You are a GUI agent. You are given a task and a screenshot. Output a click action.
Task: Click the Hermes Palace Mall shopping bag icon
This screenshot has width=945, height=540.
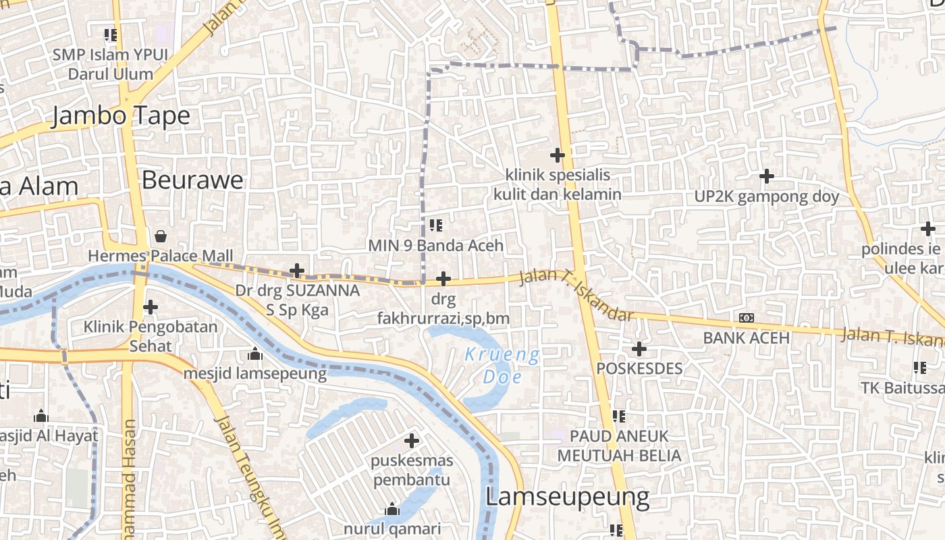pos(161,236)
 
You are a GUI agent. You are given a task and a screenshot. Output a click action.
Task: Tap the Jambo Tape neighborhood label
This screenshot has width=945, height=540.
pos(121,115)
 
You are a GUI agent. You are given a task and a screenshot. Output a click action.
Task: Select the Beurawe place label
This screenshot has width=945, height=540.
pos(192,180)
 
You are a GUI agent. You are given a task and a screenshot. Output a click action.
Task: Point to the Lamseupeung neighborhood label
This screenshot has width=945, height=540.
pos(567,497)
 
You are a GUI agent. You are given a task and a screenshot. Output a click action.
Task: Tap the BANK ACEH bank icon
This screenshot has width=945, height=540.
pos(746,317)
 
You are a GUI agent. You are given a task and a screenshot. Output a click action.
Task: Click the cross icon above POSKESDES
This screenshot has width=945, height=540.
pos(639,349)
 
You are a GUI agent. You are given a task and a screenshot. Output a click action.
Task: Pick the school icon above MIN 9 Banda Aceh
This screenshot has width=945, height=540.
pos(435,225)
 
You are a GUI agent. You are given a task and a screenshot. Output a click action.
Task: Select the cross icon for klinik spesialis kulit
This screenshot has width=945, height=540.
pos(557,155)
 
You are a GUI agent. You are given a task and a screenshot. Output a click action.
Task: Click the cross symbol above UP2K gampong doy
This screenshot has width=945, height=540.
pos(766,176)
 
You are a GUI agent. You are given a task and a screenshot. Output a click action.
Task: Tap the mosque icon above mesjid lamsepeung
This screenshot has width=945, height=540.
pos(254,353)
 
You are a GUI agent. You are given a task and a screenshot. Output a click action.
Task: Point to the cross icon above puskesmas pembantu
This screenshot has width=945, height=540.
pos(412,441)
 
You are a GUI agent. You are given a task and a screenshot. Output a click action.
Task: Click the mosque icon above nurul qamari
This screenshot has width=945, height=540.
pos(391,510)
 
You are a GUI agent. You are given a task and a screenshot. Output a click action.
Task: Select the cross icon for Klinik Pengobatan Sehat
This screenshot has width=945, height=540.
pos(150,307)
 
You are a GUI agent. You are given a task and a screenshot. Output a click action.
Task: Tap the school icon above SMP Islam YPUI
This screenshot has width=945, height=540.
pos(110,34)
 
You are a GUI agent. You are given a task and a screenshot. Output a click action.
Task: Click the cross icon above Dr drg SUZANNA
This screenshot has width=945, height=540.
pos(296,271)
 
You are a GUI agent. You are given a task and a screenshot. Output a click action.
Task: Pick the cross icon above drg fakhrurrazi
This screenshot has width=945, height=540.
pos(443,278)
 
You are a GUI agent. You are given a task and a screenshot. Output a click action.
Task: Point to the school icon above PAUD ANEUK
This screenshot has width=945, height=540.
pos(618,416)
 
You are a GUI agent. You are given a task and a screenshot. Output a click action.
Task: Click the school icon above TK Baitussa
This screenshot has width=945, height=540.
pos(919,368)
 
